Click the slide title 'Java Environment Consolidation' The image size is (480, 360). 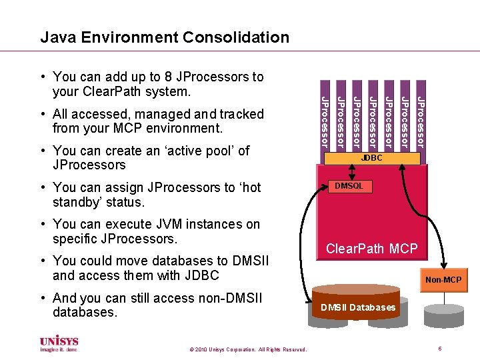click(165, 37)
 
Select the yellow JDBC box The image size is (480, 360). click(372, 159)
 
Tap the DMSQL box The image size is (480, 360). click(349, 187)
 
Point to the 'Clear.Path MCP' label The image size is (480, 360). click(371, 249)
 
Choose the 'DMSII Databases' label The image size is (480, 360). click(358, 307)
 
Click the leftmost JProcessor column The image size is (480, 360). click(324, 121)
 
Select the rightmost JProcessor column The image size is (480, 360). click(420, 121)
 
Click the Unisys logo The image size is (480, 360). click(59, 340)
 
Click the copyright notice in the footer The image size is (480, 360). click(247, 349)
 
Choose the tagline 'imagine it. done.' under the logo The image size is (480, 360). click(59, 349)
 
